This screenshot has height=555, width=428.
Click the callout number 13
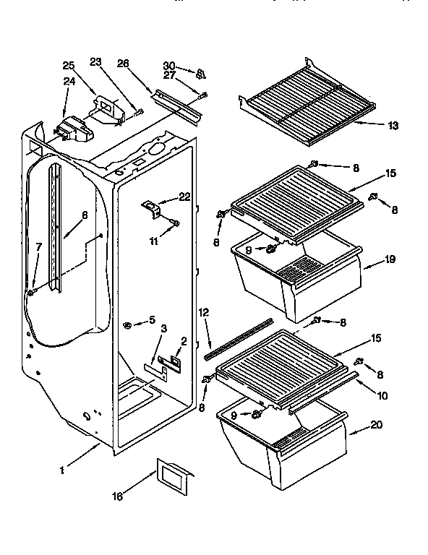point(393,126)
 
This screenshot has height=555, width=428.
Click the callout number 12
point(204,312)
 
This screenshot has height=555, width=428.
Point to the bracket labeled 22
point(153,208)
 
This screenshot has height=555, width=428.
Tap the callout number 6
point(85,214)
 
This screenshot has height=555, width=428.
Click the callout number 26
point(124,63)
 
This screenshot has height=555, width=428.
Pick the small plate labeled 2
point(176,356)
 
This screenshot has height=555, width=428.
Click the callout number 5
point(151,320)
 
